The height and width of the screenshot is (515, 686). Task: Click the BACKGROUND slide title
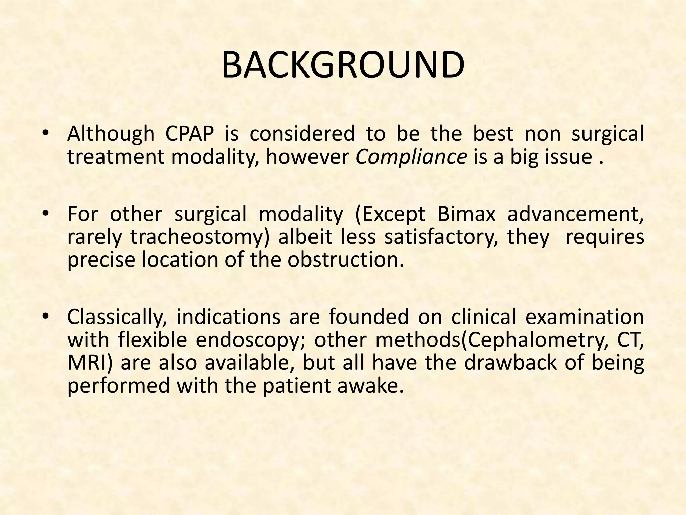click(343, 65)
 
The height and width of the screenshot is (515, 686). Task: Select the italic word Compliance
click(411, 157)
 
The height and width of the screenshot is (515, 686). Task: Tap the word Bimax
click(466, 214)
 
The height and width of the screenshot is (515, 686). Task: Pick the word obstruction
click(345, 260)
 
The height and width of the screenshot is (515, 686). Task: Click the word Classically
click(117, 317)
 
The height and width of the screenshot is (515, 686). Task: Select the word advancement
click(575, 214)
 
